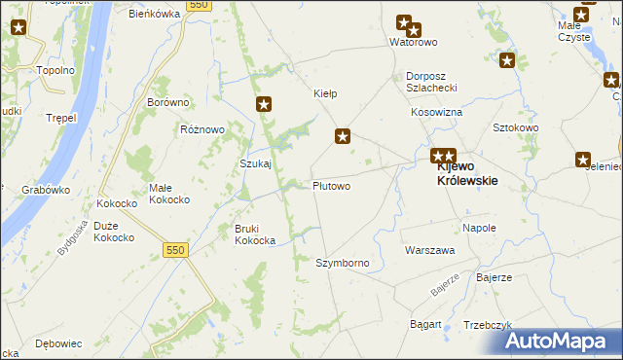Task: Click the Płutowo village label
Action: point(331,185)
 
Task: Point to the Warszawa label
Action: point(429,250)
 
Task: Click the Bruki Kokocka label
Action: point(254,234)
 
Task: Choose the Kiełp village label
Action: point(324,94)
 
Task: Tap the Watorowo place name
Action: point(413,43)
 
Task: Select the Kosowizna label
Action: point(436,113)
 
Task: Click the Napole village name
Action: point(479,228)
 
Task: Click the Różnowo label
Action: point(202,128)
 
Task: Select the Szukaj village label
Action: point(255,163)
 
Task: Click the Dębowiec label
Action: point(57,343)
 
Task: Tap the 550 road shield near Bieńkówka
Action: point(199,6)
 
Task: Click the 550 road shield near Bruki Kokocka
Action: point(174,250)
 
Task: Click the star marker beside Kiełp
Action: point(342,136)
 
